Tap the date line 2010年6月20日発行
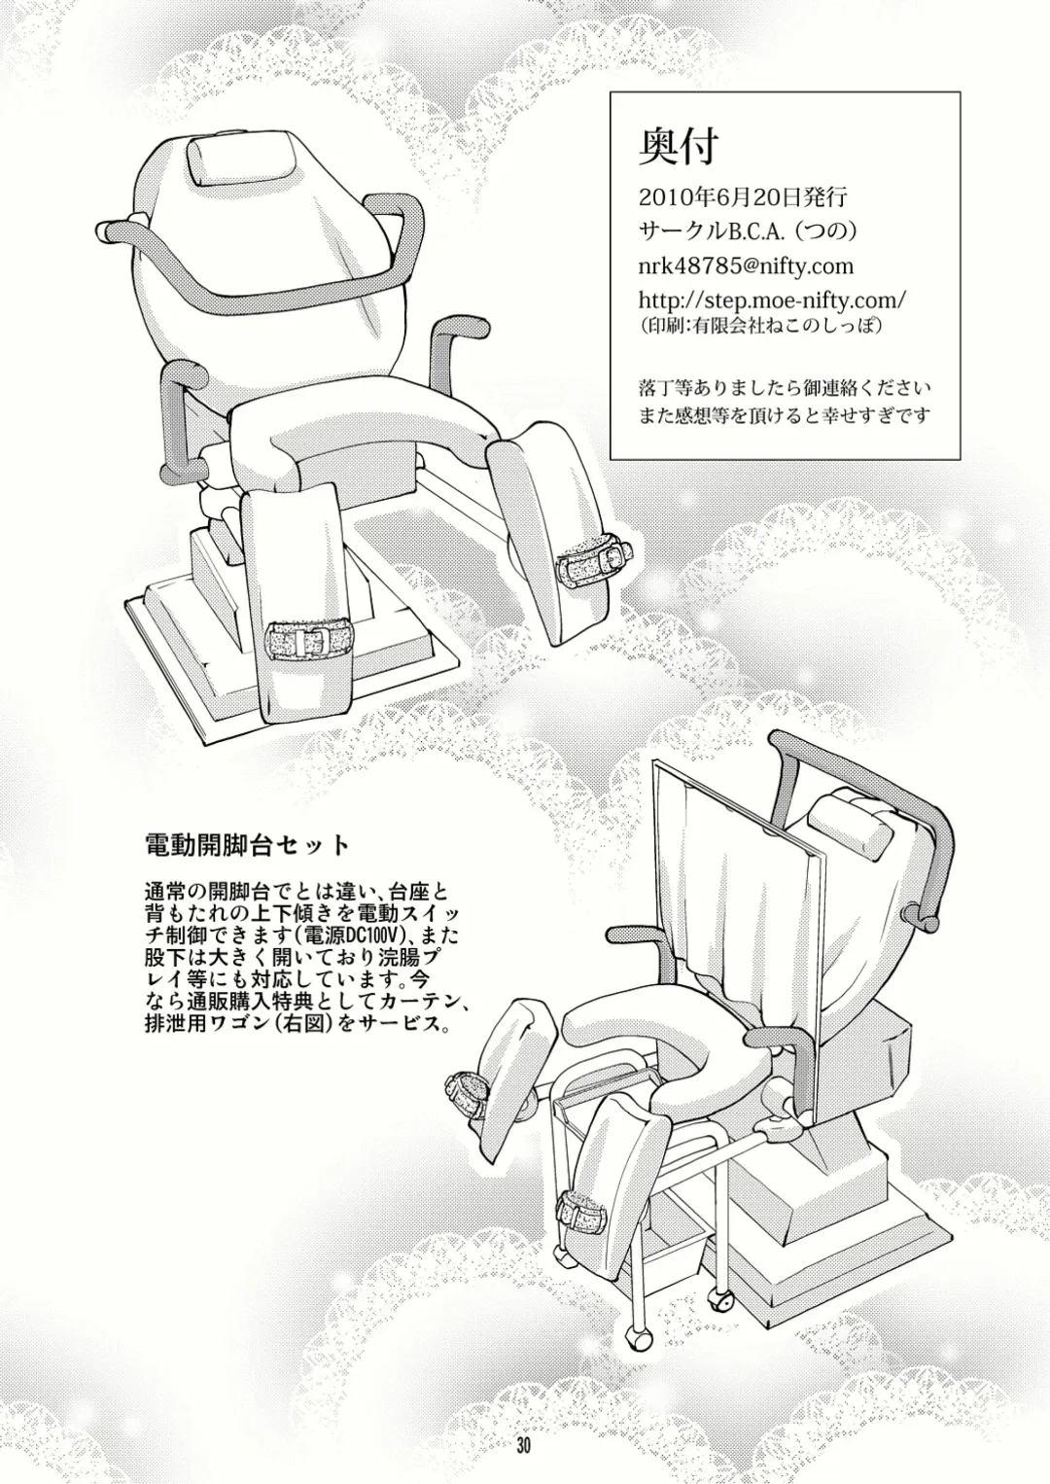[x=744, y=195]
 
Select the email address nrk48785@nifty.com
[x=747, y=265]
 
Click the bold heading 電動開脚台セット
[x=246, y=842]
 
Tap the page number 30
[x=524, y=1445]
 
